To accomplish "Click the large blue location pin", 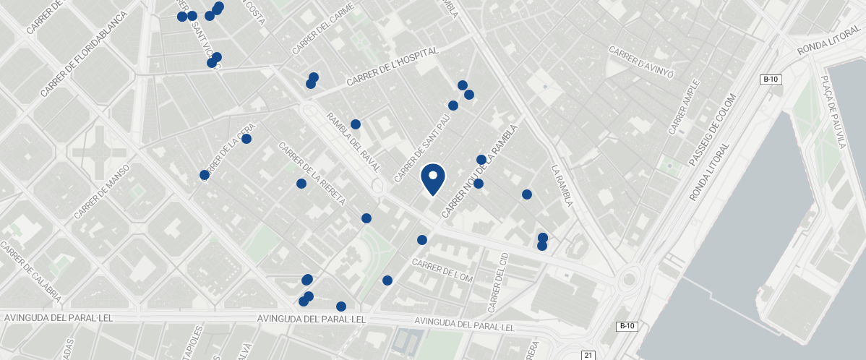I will [x=432, y=179].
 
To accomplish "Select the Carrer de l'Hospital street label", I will [x=393, y=67].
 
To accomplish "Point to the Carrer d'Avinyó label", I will [x=641, y=63].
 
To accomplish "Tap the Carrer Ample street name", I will [x=684, y=107].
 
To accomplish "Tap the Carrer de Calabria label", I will [x=31, y=273].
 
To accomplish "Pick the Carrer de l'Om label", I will [x=442, y=270].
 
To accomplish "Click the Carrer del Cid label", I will [x=499, y=283].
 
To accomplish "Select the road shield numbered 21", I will [x=588, y=355].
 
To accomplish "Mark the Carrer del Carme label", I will [x=323, y=29].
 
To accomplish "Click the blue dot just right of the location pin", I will [x=478, y=184].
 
